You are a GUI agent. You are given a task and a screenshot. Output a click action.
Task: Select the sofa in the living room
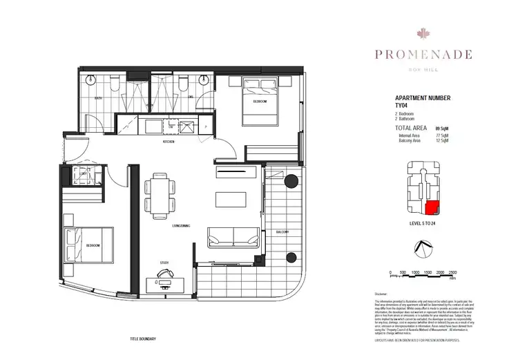[x=231, y=237]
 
